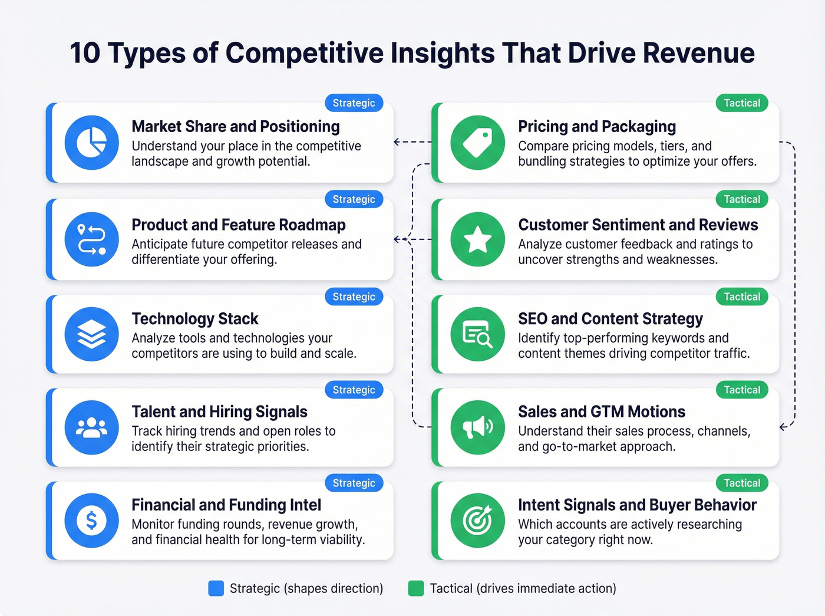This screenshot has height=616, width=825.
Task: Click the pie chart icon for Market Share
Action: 92,143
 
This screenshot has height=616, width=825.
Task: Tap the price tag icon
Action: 477,143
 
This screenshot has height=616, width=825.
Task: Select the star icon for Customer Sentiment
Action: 477,239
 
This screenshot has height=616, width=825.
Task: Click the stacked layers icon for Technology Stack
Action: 92,334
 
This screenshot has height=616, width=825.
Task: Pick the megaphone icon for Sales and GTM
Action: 477,427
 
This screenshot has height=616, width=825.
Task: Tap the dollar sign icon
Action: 92,521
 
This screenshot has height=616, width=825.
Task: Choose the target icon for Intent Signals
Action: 477,521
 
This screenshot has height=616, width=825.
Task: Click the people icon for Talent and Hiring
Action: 92,427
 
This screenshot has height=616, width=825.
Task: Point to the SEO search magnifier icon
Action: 477,334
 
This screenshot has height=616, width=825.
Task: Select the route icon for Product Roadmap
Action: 92,239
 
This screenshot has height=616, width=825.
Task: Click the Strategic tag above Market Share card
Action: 354,103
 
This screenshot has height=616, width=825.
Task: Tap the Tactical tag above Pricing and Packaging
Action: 742,103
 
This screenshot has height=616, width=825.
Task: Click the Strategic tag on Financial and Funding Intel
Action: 354,483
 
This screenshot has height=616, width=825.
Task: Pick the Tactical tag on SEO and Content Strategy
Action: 742,297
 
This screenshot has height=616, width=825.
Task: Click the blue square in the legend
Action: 216,588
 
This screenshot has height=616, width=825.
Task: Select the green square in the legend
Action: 416,588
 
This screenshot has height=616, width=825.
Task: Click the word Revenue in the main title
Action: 699,53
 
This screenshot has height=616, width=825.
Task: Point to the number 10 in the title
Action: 85,53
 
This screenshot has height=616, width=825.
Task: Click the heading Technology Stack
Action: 195,319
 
